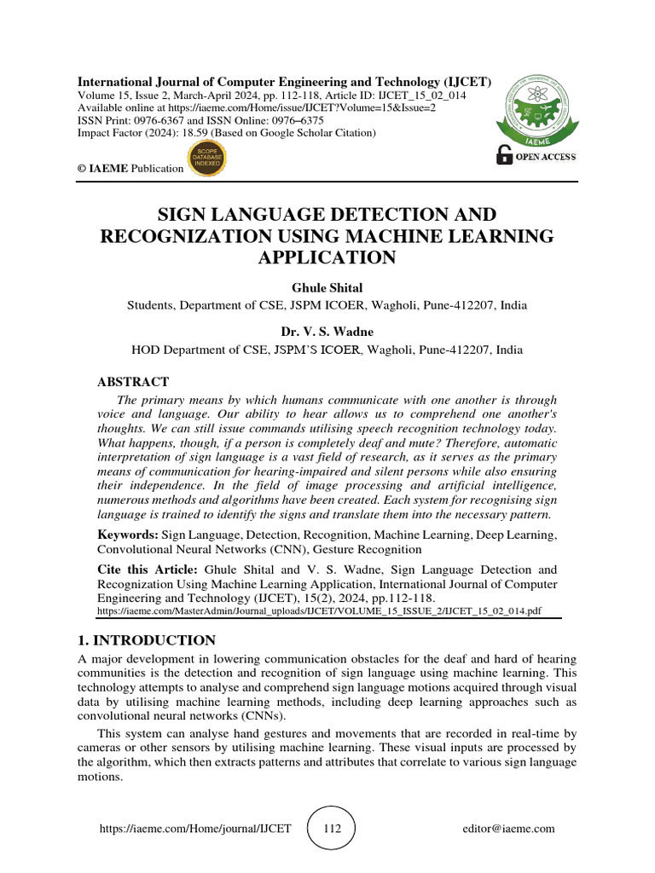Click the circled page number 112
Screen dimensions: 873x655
tap(330, 829)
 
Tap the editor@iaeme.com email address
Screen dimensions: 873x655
tap(508, 829)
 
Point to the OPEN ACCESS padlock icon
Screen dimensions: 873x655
tap(505, 155)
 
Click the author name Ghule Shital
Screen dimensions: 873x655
tap(327, 288)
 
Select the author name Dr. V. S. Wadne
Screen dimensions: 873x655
tap(327, 332)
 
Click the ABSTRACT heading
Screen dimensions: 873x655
tap(132, 382)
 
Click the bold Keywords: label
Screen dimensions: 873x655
tap(127, 535)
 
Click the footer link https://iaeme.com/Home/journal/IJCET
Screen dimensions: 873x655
tap(195, 829)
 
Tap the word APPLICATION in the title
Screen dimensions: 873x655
tap(327, 257)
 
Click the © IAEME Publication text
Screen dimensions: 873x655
tap(130, 168)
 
